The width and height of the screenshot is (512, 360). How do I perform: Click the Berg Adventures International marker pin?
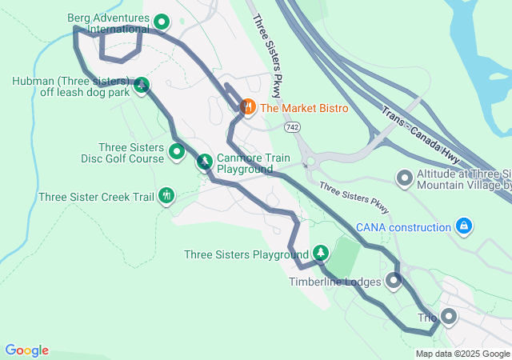click(x=161, y=22)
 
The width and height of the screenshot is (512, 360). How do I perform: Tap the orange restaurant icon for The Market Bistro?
click(x=248, y=106)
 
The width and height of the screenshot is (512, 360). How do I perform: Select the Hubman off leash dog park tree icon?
click(x=142, y=85)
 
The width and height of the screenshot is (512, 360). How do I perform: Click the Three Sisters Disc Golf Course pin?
click(x=177, y=150)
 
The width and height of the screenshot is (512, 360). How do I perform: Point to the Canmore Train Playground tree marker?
click(x=205, y=162)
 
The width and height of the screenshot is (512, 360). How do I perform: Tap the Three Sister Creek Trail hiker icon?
click(x=166, y=194)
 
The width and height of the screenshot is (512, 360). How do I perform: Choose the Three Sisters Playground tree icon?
click(x=320, y=253)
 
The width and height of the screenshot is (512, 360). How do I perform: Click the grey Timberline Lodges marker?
click(x=394, y=280)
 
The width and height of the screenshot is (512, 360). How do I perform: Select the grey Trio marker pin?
click(x=448, y=317)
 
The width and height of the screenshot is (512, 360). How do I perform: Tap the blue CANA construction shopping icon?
click(x=463, y=226)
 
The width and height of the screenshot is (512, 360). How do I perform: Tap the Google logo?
click(x=26, y=350)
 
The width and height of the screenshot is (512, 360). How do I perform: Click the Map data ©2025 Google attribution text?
click(x=462, y=354)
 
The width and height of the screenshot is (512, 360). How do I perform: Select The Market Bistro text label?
click(x=304, y=107)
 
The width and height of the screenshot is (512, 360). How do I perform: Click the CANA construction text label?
click(x=403, y=227)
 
